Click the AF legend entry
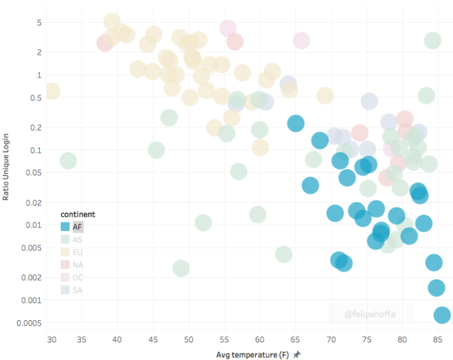pyautogui.click(x=77, y=227)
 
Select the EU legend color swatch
pyautogui.click(x=65, y=252)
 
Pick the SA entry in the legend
pyautogui.click(x=77, y=290)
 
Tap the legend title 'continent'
pyautogui.click(x=78, y=214)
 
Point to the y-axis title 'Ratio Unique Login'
pyautogui.click(x=6, y=165)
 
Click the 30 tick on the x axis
pyautogui.click(x=52, y=340)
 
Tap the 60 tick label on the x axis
pyautogui.click(x=260, y=340)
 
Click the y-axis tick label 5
pyautogui.click(x=39, y=23)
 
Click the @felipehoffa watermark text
pyautogui.click(x=369, y=314)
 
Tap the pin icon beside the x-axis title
pyautogui.click(x=297, y=354)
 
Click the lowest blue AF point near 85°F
pyautogui.click(x=442, y=315)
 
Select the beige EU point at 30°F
pyautogui.click(x=52, y=91)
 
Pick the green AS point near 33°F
pyautogui.click(x=68, y=160)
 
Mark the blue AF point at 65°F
pyautogui.click(x=296, y=123)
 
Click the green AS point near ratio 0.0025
pyautogui.click(x=181, y=268)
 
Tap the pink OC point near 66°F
pyautogui.click(x=301, y=40)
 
